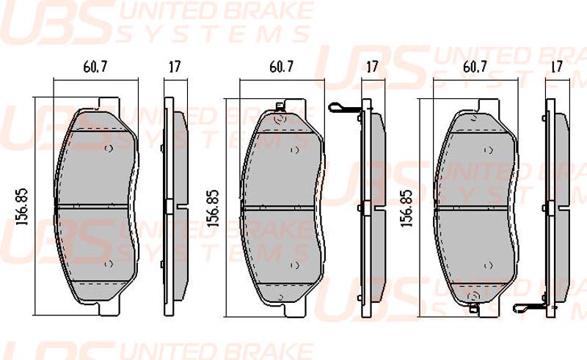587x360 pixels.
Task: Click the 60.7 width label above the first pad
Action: coord(95,67)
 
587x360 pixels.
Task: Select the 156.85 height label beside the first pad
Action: coord(23,206)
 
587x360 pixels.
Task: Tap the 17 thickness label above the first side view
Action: coord(175,67)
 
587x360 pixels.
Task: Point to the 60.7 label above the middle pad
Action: coord(282,67)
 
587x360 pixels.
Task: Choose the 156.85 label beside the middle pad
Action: coord(213,208)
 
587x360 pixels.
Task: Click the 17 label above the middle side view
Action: coord(372,67)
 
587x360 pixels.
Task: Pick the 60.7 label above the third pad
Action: coord(475,67)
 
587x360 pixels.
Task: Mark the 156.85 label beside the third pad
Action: coord(406,208)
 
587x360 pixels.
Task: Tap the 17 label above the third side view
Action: coord(557,67)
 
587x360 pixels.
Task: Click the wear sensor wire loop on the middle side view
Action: coord(335,108)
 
